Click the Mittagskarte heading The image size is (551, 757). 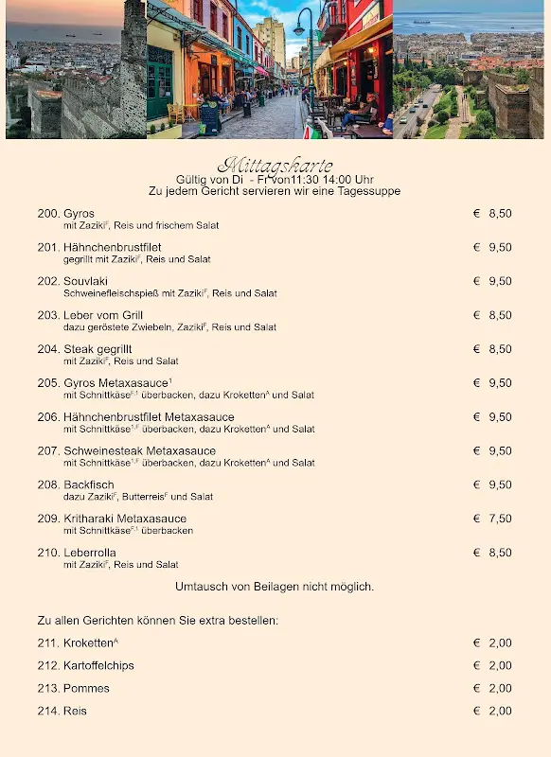pyautogui.click(x=275, y=166)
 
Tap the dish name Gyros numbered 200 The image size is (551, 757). pyautogui.click(x=79, y=214)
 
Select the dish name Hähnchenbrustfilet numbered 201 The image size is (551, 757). pyautogui.click(x=106, y=248)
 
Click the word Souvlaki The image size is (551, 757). pyautogui.click(x=85, y=282)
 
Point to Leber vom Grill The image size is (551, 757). pyautogui.click(x=103, y=316)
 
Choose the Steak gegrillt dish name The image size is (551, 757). pyautogui.click(x=98, y=350)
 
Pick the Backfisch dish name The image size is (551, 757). pyautogui.click(x=88, y=485)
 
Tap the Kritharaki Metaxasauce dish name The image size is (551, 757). pyautogui.click(x=125, y=519)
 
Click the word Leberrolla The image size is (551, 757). pyautogui.click(x=89, y=554)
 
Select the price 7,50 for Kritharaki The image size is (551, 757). pyautogui.click(x=500, y=519)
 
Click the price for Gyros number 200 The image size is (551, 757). pyautogui.click(x=500, y=214)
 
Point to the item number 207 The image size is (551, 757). pyautogui.click(x=48, y=451)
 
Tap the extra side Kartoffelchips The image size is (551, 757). pyautogui.click(x=98, y=666)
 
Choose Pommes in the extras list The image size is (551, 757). pyautogui.click(x=86, y=689)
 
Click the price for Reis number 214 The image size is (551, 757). pyautogui.click(x=500, y=712)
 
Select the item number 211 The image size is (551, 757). pyautogui.click(x=48, y=643)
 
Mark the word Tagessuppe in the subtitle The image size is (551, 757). pyautogui.click(x=370, y=191)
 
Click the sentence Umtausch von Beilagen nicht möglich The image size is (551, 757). pyautogui.click(x=275, y=587)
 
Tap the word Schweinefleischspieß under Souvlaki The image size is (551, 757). pyautogui.click(x=107, y=294)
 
